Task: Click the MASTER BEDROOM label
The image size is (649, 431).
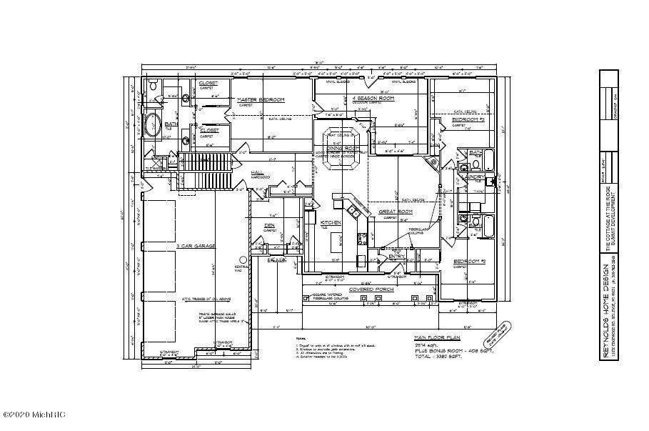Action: (261, 99)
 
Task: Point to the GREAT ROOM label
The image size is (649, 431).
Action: (395, 212)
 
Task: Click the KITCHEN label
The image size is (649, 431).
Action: (331, 223)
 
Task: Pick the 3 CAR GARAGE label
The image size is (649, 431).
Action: (196, 246)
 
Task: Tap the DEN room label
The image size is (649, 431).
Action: (269, 225)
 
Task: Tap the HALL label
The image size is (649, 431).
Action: (258, 172)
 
